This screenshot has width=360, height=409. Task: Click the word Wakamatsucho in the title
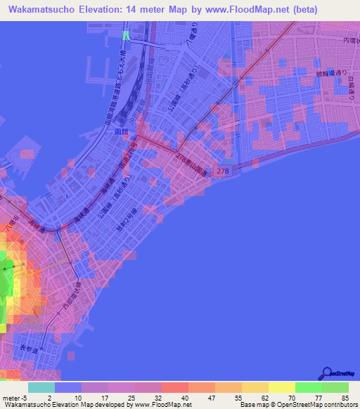pos(41,10)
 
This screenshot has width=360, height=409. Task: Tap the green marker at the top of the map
pos(125,34)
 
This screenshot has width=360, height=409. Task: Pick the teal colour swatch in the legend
pos(41,387)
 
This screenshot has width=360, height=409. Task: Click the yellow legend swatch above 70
pos(281,387)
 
